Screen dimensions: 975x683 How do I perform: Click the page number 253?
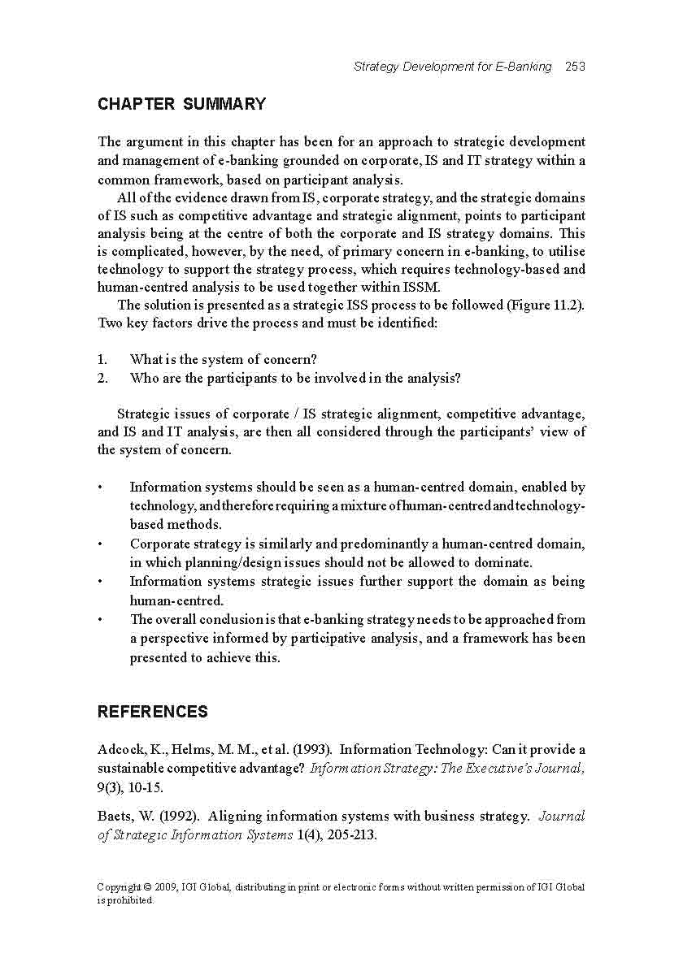click(x=575, y=67)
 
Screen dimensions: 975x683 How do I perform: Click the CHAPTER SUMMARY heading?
click(x=181, y=104)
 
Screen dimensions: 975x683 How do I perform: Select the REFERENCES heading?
click(x=153, y=712)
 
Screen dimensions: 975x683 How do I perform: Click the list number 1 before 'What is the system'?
click(x=102, y=359)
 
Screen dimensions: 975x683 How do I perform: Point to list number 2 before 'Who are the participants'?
click(x=102, y=378)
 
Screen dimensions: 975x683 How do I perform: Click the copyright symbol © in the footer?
click(x=145, y=887)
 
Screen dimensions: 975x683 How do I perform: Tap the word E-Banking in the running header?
click(x=523, y=67)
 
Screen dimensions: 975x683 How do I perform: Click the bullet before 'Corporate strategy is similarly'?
click(x=100, y=544)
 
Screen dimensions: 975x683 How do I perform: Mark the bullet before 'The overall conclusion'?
click(x=100, y=620)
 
